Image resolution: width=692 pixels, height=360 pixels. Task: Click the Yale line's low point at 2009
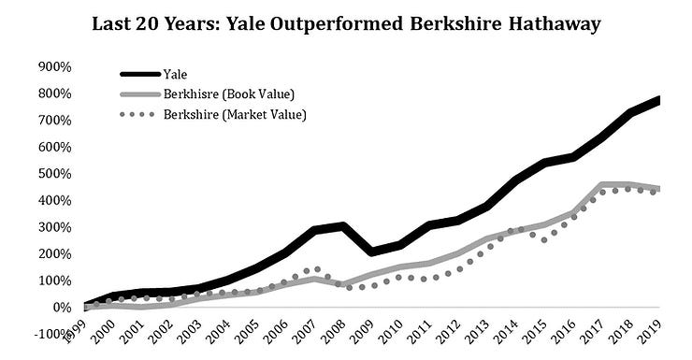(x=373, y=252)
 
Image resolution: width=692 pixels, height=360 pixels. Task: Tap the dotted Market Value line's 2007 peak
(x=317, y=269)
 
